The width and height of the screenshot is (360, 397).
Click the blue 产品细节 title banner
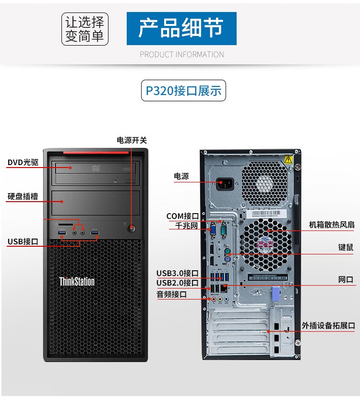[x=181, y=29]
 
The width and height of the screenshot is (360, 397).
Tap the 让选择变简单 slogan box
[x=85, y=29]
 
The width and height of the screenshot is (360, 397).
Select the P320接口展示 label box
[x=183, y=91]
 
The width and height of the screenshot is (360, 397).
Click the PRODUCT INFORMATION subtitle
[x=182, y=54]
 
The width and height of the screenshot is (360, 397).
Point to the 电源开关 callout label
[x=132, y=140]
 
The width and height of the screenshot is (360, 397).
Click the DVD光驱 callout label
[x=23, y=162]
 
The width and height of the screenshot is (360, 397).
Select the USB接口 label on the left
[x=23, y=241]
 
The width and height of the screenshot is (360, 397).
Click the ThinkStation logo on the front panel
[x=77, y=281]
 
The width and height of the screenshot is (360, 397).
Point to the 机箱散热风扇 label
[x=332, y=224]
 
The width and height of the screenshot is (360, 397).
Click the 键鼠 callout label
[x=346, y=248]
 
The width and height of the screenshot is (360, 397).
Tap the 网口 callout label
[x=346, y=279]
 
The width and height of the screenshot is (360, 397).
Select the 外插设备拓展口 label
[x=328, y=325]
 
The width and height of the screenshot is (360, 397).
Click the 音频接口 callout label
[x=171, y=294]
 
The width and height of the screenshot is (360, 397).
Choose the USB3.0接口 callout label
[x=177, y=273]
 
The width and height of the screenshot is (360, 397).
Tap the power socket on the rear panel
[x=226, y=184]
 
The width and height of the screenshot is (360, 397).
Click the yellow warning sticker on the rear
[x=288, y=159]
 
